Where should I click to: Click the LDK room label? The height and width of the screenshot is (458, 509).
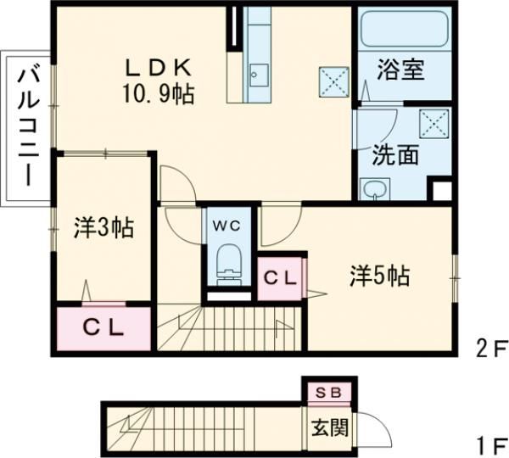point(161,66)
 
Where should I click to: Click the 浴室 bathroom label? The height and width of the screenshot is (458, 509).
point(400,70)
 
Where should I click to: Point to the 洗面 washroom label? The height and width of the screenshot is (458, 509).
point(394,155)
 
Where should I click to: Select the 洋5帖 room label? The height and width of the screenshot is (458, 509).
point(379,276)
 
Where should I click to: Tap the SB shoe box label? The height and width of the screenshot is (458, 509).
point(327,393)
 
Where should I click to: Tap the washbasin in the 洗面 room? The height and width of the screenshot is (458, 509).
point(373,189)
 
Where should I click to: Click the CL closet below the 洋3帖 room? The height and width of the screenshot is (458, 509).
point(104,327)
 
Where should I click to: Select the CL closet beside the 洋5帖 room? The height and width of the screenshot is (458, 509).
point(279,277)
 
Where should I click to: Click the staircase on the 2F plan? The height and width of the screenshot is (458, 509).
point(238,327)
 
